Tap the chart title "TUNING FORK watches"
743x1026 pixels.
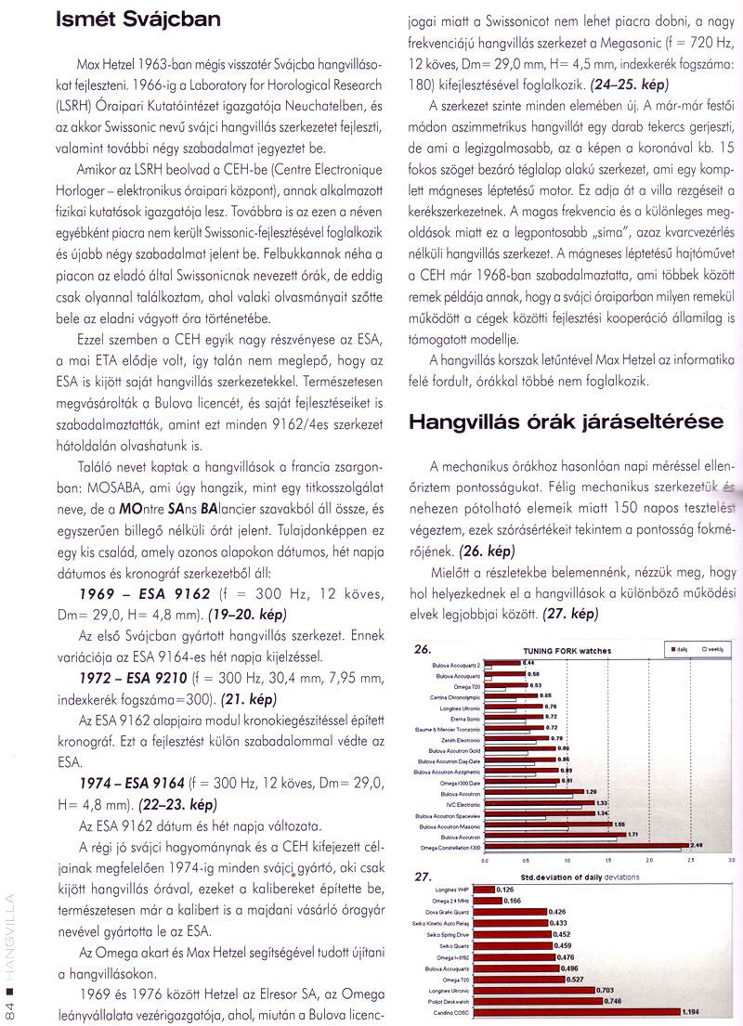click(x=568, y=651)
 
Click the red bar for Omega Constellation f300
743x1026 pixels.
click(x=586, y=844)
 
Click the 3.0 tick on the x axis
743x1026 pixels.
click(x=731, y=862)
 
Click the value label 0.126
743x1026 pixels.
click(x=507, y=889)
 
